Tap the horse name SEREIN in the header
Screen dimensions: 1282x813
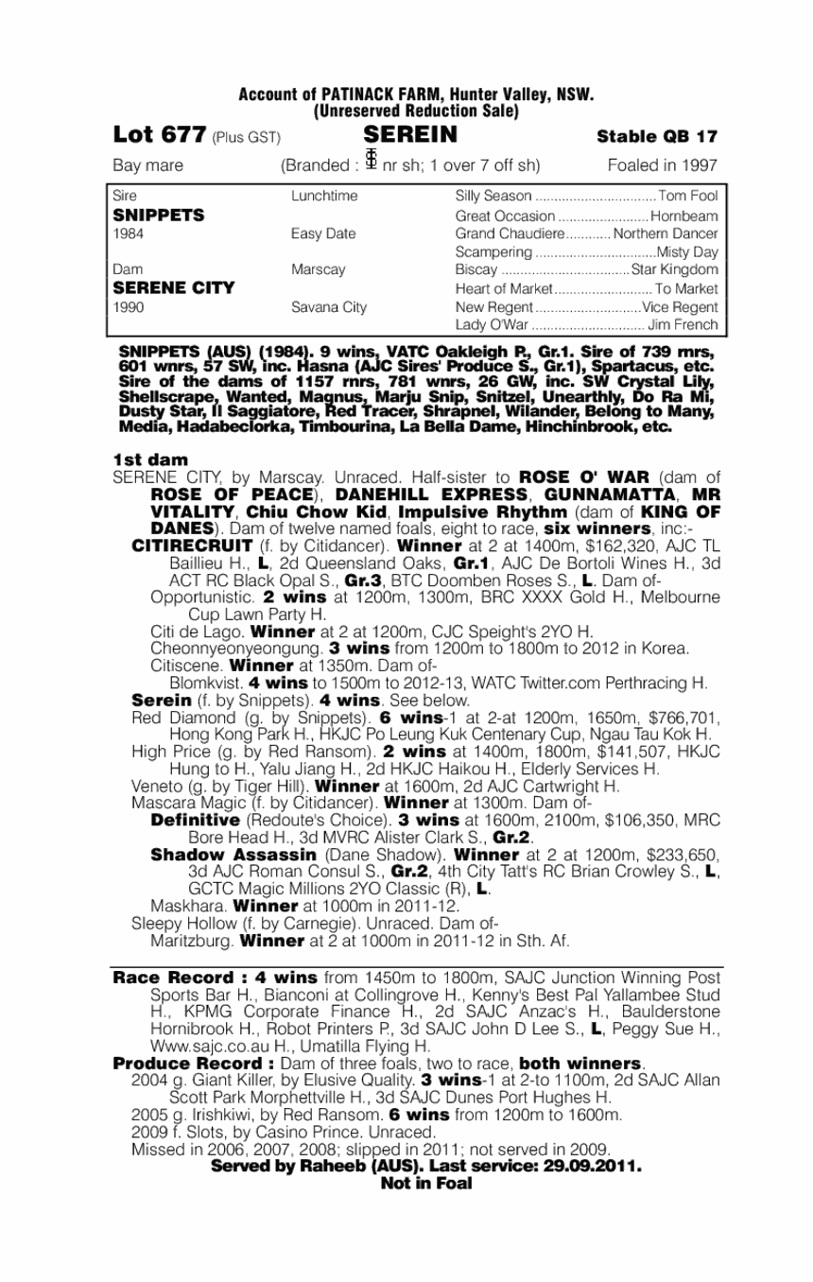[x=409, y=134]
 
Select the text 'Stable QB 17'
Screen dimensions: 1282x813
[x=657, y=136]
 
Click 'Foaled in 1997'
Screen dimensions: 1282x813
[x=662, y=165]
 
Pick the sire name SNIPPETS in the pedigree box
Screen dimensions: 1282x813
[x=158, y=215]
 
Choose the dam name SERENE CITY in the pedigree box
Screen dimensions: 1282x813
[x=173, y=287]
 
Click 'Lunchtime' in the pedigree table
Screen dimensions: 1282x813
[x=324, y=196]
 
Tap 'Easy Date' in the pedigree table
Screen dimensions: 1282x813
[x=323, y=233]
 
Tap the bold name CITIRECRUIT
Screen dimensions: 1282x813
[x=192, y=546]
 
